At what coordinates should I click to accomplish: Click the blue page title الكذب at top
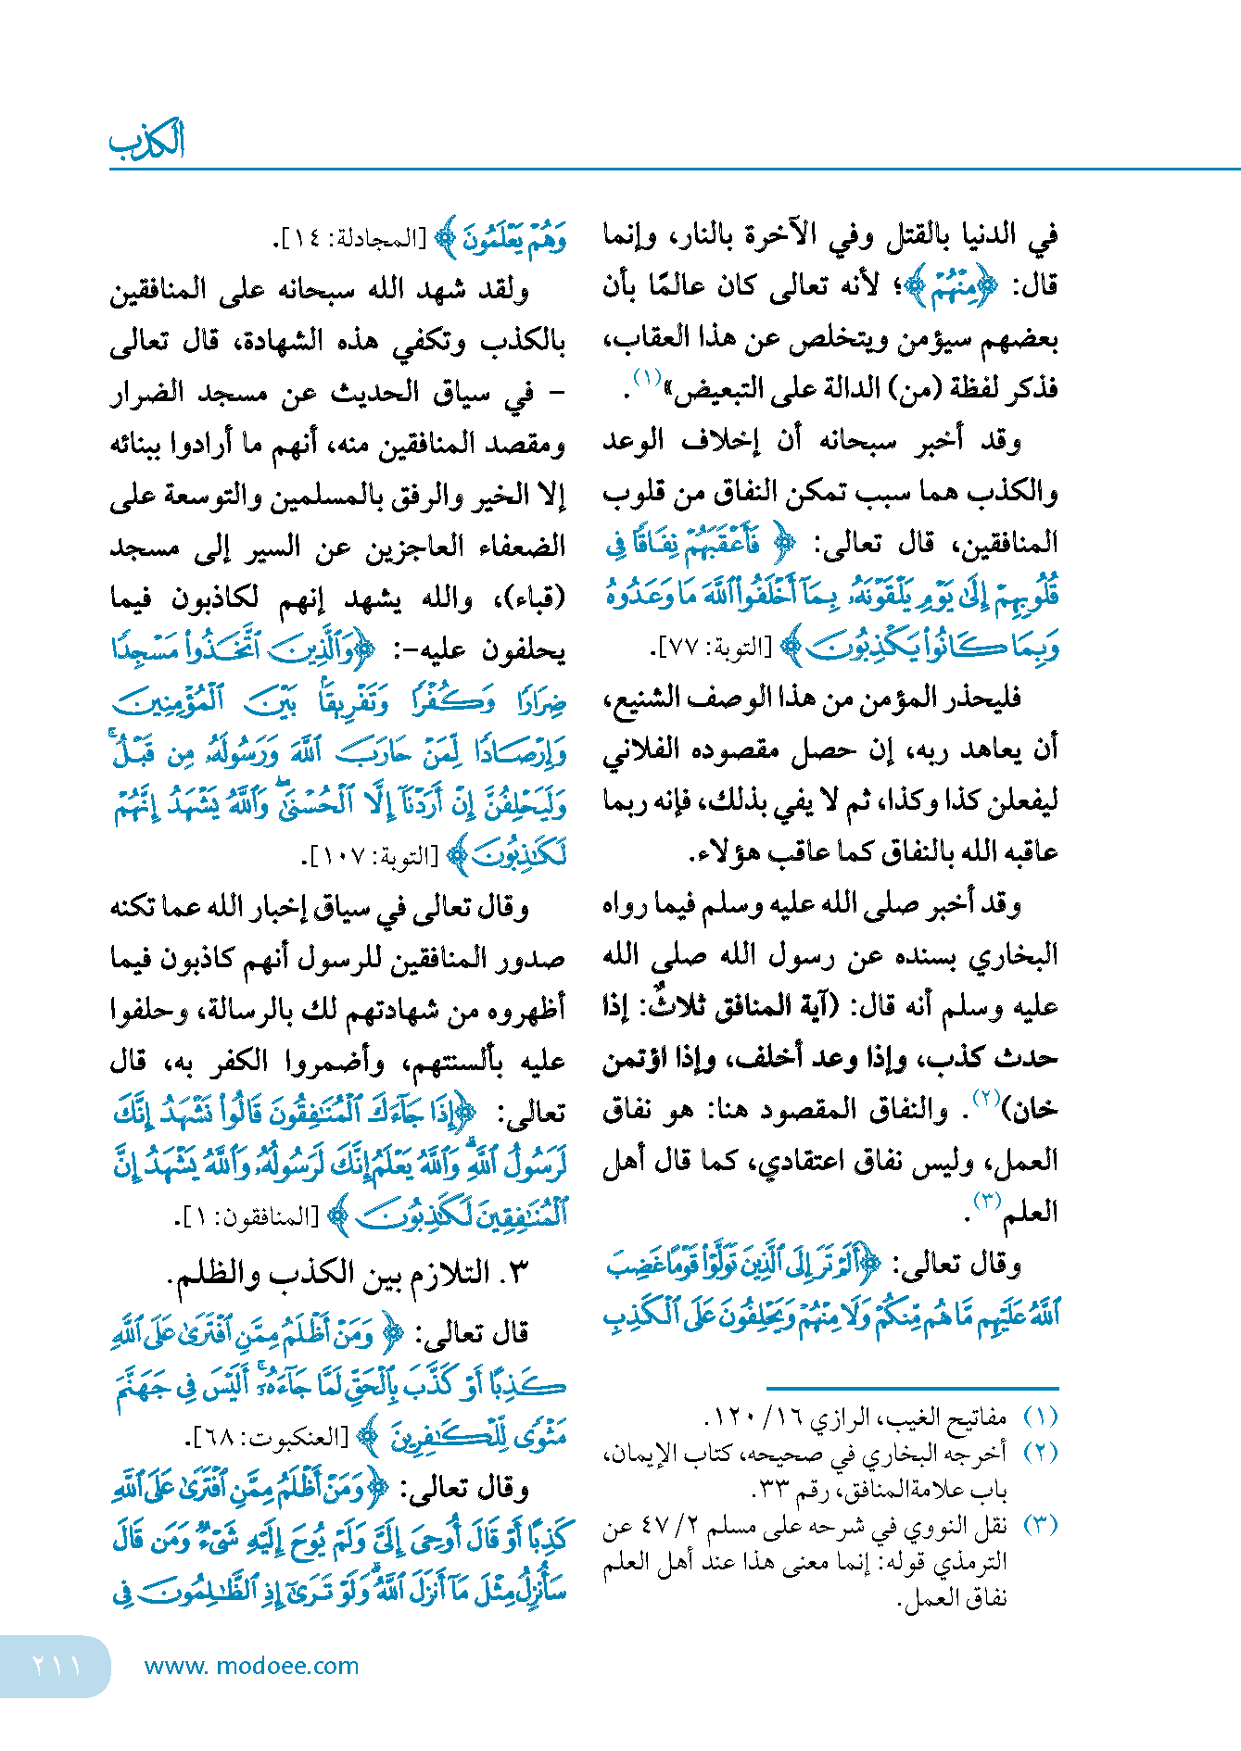(146, 141)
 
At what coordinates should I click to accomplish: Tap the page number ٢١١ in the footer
(56, 1666)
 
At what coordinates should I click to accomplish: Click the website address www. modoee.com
(251, 1666)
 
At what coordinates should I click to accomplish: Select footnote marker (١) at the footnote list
(1039, 1417)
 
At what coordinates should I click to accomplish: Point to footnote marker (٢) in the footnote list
(1039, 1452)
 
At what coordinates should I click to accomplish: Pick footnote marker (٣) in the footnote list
(1039, 1524)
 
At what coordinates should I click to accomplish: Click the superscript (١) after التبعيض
(646, 378)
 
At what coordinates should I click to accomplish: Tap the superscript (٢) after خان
(984, 1099)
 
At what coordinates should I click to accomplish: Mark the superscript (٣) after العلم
(986, 1202)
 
